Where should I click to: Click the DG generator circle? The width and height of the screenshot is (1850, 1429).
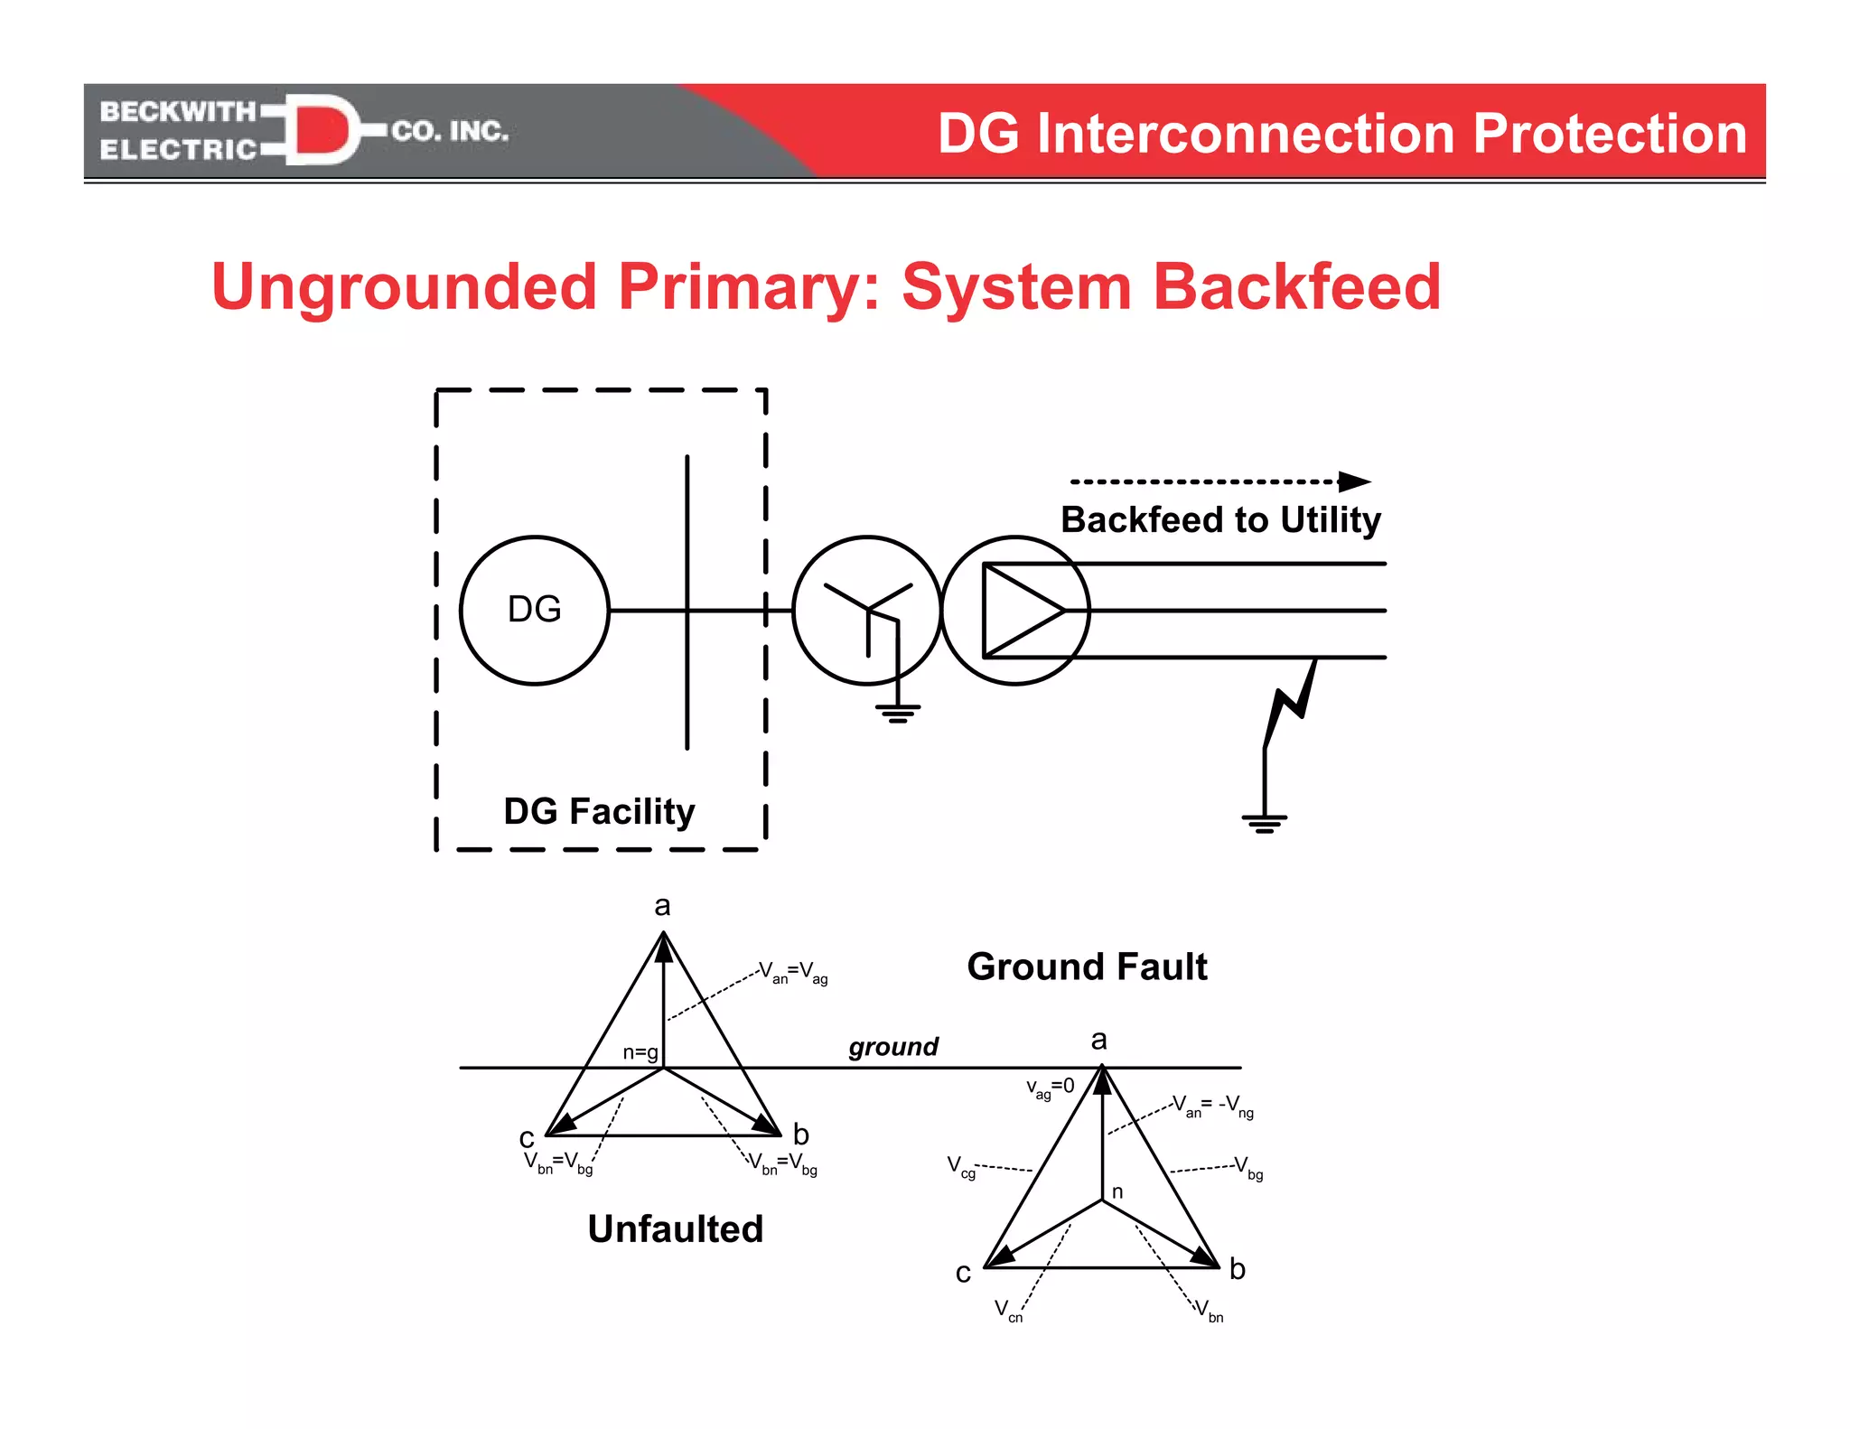[x=534, y=611]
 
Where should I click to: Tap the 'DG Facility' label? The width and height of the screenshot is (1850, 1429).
[x=599, y=811]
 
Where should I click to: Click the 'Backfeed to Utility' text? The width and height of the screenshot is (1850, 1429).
[x=1220, y=520]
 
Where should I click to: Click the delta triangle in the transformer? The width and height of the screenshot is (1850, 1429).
[x=1021, y=611]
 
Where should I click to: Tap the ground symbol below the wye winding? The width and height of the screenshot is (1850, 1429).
[x=897, y=714]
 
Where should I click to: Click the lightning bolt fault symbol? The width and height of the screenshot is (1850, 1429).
[x=1289, y=703]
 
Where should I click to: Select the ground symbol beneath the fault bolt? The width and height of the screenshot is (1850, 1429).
[x=1264, y=823]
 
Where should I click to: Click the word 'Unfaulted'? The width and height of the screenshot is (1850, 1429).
[x=675, y=1229]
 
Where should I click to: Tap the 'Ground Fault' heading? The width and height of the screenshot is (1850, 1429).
[x=1087, y=967]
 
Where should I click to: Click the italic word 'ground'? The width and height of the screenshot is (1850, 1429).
[x=893, y=1047]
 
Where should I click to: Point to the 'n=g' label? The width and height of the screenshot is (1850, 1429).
[x=640, y=1052]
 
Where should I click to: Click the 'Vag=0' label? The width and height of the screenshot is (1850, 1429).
[x=1050, y=1088]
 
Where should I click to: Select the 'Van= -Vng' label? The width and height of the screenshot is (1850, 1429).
[x=1212, y=1106]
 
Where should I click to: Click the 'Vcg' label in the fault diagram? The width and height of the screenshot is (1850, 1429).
[x=960, y=1167]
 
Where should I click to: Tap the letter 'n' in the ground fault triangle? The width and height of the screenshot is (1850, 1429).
[x=1117, y=1192]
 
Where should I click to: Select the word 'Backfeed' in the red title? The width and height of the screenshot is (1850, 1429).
[x=1296, y=287]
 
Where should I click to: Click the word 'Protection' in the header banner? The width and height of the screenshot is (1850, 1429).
[x=1610, y=134]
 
